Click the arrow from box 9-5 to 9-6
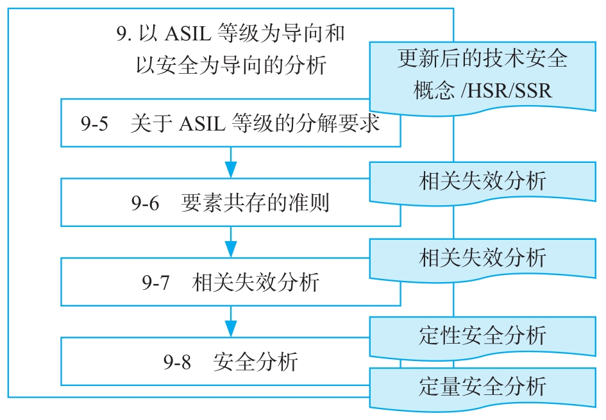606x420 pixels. (231, 164)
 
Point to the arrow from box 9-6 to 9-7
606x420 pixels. (231, 244)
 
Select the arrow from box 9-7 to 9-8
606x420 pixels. (231, 323)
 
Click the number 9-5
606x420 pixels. (94, 124)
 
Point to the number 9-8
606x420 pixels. (177, 362)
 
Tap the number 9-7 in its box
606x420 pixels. (155, 283)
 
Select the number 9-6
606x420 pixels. (145, 204)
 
